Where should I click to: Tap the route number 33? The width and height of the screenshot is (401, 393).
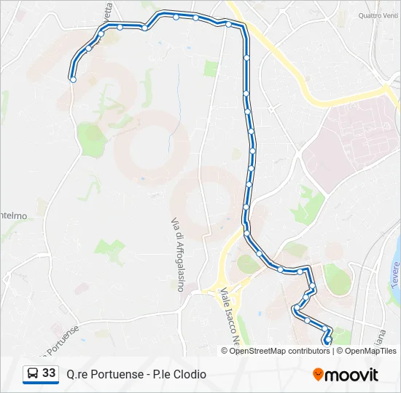pos(49,373)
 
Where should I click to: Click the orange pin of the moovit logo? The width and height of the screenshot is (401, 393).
pos(318,374)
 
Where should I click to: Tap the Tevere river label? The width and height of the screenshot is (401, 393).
pos(394,276)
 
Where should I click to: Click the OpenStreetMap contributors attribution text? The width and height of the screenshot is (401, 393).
pos(279,351)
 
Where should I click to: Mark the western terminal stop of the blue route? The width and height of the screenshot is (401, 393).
pos(73,79)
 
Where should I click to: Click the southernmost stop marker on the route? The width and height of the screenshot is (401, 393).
pos(328,339)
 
